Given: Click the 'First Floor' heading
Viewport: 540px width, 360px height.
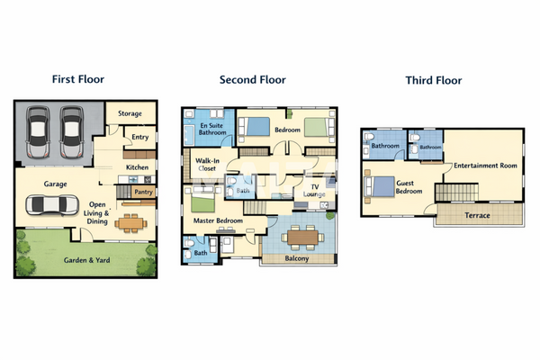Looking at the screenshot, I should click(78, 79).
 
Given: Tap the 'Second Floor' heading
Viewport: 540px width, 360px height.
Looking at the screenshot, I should click(252, 79).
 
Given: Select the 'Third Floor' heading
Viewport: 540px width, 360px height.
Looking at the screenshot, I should click(435, 80).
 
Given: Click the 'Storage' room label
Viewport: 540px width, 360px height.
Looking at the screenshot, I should click(130, 113).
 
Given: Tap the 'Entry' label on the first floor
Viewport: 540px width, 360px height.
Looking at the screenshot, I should click(139, 137).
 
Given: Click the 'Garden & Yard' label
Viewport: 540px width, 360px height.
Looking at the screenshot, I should click(85, 260).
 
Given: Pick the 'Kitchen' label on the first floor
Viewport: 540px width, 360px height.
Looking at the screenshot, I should click(138, 167).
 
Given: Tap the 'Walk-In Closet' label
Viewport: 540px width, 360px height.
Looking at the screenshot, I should click(208, 164).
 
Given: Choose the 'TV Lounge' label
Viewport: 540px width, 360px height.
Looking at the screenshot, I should click(313, 190).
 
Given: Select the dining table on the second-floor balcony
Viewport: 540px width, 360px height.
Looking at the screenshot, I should click(301, 237).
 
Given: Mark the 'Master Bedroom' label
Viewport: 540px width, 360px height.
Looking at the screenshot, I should click(219, 220).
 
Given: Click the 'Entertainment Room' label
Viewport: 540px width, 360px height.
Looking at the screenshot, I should click(485, 166).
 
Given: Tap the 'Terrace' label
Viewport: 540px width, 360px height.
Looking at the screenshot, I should click(477, 216).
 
